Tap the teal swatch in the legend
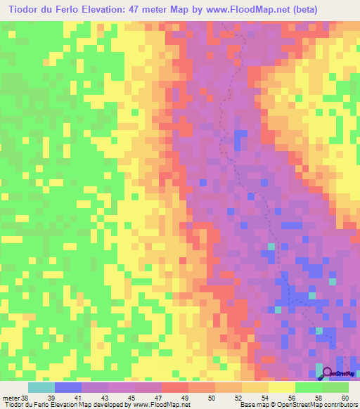pos(41,387)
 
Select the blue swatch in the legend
pos(68,387)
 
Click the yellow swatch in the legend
pos(281,387)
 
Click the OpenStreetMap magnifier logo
pos(326,372)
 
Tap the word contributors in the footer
pos(337,405)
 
